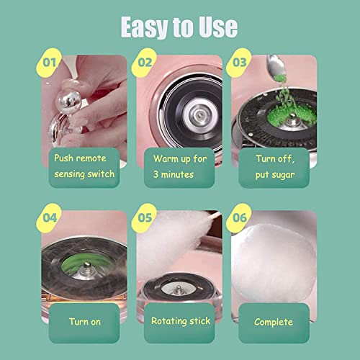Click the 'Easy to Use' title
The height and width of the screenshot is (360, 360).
tap(179, 27)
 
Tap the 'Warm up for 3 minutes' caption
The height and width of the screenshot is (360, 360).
tap(179, 165)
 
